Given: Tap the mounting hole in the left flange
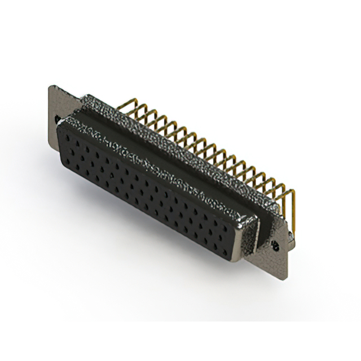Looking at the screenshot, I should (58, 120).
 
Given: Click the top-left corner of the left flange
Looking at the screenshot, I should (51, 86).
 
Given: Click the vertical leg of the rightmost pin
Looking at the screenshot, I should (293, 209).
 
